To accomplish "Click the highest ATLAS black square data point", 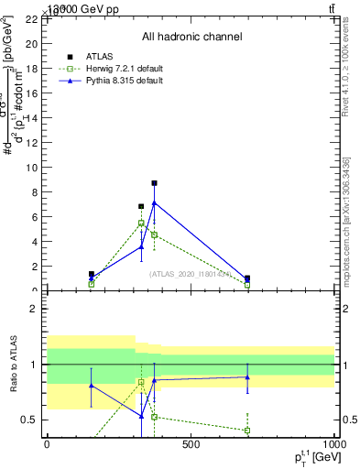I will (154, 183).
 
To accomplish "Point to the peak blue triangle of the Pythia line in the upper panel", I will (154, 202).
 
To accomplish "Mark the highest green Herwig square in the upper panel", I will (141, 223).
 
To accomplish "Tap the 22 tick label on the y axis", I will (30, 19).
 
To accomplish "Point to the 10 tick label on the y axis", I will (30, 168).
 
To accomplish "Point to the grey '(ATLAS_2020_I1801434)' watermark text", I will (190, 273).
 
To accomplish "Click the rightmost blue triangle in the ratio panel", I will (247, 376).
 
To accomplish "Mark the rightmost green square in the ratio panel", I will (247, 430).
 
